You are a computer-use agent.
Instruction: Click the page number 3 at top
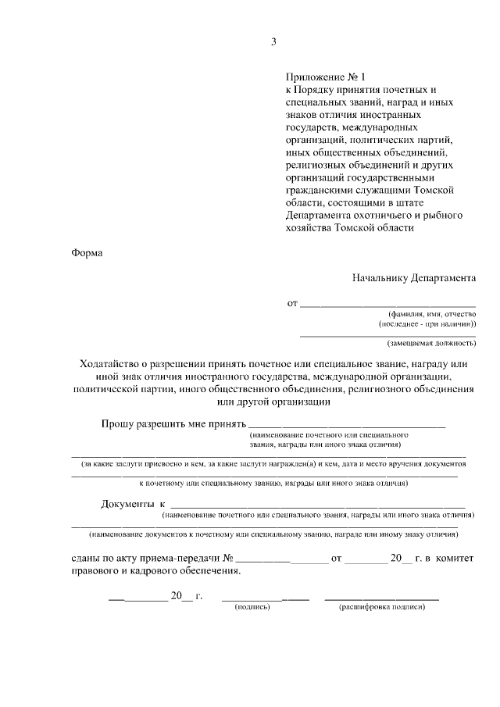tap(273, 41)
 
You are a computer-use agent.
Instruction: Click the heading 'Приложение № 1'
tap(326, 77)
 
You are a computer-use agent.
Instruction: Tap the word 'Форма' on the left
tap(87, 252)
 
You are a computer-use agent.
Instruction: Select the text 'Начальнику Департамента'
tap(413, 277)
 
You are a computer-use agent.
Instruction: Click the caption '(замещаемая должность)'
tap(432, 343)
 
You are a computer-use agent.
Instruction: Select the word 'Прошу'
tap(116, 424)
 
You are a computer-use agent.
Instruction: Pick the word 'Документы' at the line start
tap(126, 505)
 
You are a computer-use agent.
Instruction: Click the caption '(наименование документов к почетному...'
tap(273, 534)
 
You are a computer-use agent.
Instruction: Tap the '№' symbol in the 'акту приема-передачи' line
tap(229, 559)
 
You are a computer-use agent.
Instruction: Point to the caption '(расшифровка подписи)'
tap(381, 608)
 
